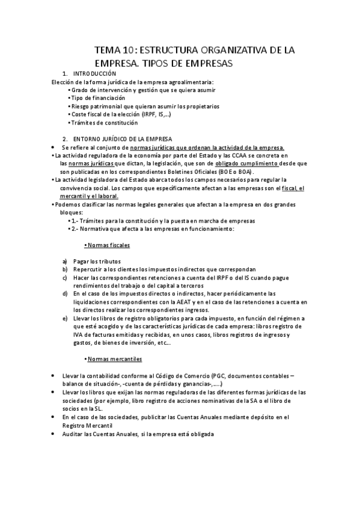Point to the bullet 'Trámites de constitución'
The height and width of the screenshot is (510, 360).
click(104, 123)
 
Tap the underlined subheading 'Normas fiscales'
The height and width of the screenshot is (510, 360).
click(108, 245)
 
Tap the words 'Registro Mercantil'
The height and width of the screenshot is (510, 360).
click(87, 424)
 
